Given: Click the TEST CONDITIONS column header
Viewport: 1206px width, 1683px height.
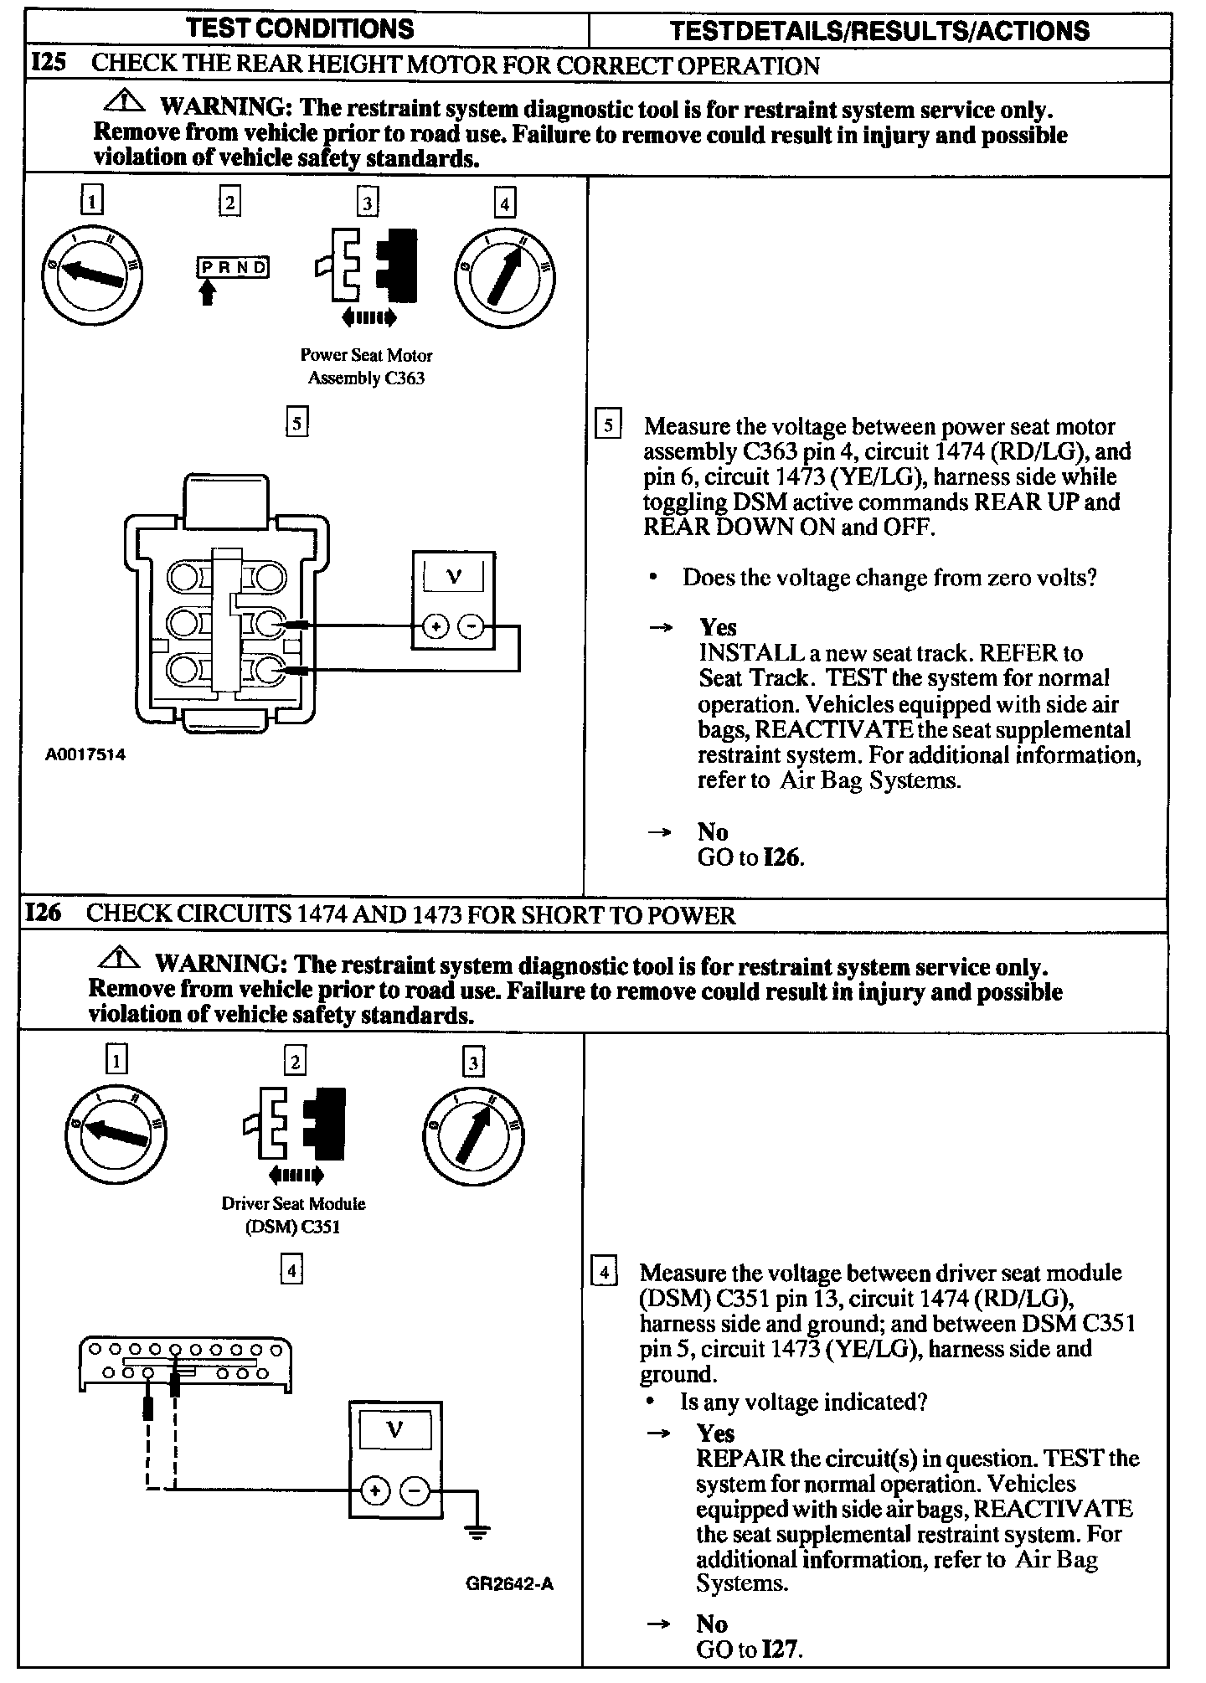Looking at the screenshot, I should (301, 28).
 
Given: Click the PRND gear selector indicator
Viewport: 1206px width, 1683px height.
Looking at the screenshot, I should (233, 268).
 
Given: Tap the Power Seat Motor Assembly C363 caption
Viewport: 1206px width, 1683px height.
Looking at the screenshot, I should (366, 367).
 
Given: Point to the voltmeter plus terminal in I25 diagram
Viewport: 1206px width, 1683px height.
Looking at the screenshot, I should (435, 625).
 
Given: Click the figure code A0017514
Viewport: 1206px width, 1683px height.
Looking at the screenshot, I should (85, 754).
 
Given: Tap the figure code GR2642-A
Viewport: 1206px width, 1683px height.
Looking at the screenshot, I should (510, 1584).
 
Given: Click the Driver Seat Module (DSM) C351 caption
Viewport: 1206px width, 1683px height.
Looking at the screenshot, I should (293, 1216).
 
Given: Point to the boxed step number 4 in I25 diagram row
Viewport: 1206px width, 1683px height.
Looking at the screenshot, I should (503, 203).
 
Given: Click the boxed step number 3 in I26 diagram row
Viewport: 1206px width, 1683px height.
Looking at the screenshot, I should (473, 1063).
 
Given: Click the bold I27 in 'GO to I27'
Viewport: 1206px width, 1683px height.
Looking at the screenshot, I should (782, 1650).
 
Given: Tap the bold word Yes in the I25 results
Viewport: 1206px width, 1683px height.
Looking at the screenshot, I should (718, 627).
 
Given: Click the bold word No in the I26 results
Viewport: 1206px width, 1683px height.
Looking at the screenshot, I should (712, 1624).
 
